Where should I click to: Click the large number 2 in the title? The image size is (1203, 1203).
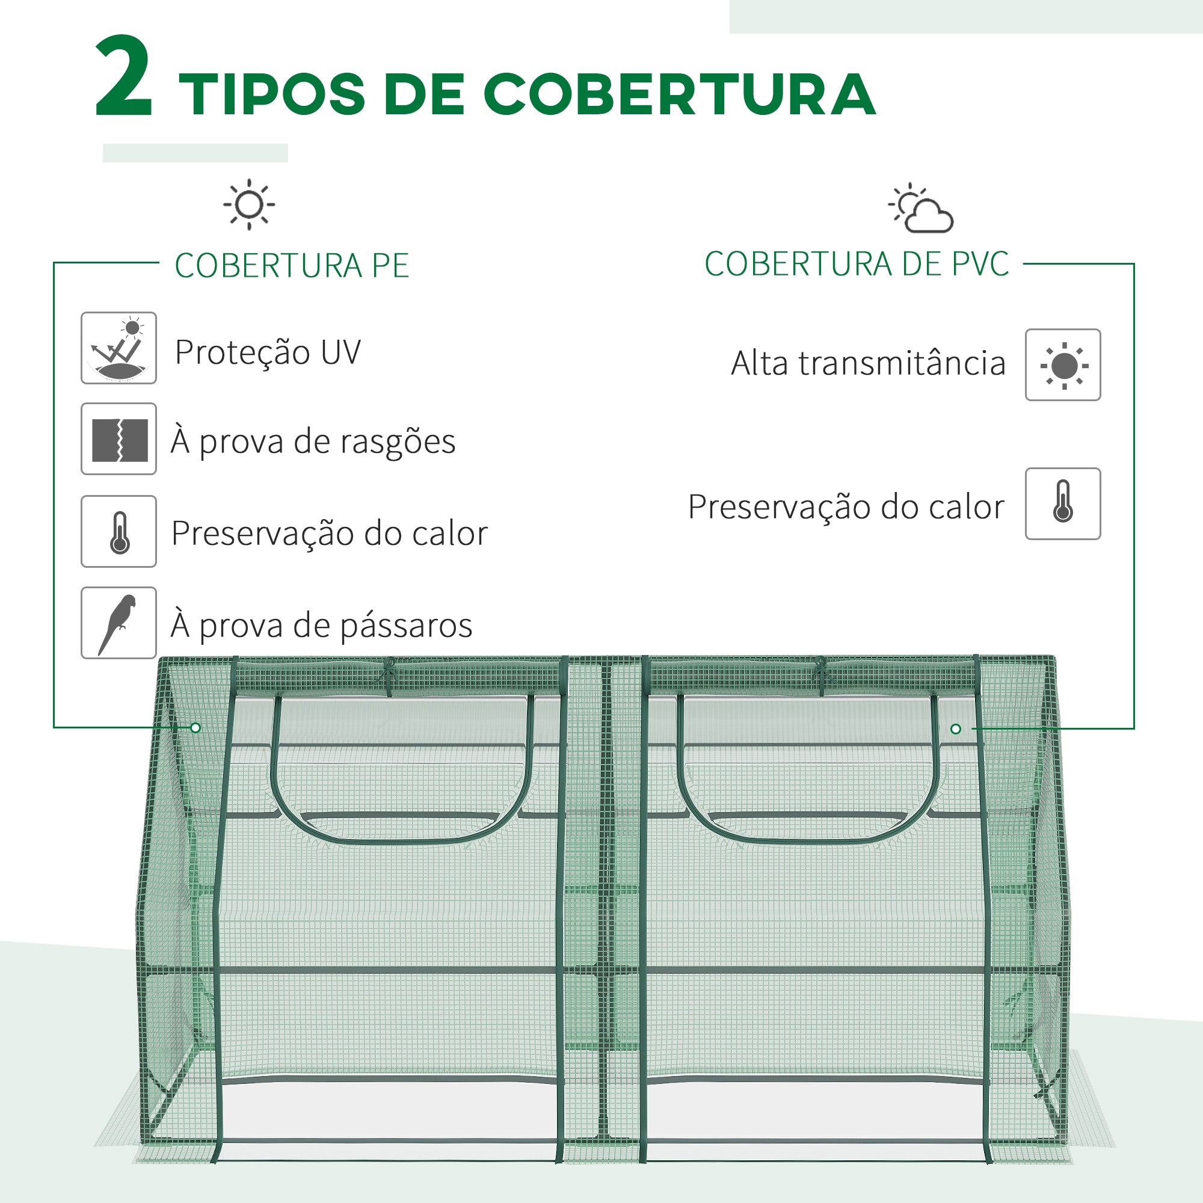click(123, 77)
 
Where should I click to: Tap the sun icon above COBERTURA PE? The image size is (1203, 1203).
click(249, 205)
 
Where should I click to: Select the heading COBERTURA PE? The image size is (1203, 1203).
click(291, 266)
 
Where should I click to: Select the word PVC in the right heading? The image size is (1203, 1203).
click(979, 264)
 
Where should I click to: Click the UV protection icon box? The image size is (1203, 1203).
click(118, 348)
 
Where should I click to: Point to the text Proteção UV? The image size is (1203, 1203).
click(268, 352)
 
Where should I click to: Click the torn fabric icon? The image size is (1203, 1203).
click(118, 439)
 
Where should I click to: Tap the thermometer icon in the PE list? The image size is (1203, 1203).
click(118, 531)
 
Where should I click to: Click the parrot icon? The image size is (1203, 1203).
click(118, 623)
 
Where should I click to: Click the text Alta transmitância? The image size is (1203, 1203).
click(868, 364)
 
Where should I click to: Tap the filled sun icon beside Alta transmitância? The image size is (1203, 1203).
click(1063, 366)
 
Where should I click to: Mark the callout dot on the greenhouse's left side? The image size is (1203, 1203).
click(195, 728)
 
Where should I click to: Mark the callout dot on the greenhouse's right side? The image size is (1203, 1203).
click(956, 729)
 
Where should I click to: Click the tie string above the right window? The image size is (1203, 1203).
click(820, 674)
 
